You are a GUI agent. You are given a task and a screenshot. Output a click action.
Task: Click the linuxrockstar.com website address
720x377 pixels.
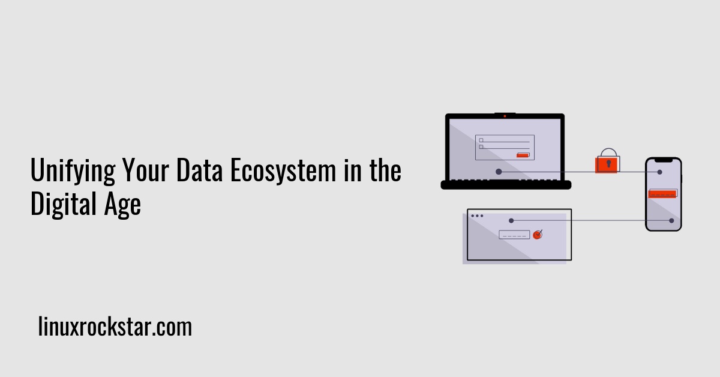(x=115, y=328)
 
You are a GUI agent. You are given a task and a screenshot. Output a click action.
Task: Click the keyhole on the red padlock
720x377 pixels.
(x=607, y=164)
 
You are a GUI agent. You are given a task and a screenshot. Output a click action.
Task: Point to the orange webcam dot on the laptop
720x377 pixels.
(x=505, y=116)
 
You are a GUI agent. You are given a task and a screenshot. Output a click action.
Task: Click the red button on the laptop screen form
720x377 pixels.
(x=523, y=155)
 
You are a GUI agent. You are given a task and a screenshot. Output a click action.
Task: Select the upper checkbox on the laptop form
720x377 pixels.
(x=481, y=140)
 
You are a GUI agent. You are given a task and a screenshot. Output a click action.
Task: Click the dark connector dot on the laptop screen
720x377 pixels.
(x=499, y=172)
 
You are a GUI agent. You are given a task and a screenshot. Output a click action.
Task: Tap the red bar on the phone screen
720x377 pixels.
(x=663, y=193)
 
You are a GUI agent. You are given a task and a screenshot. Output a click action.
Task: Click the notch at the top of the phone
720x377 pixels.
(x=663, y=160)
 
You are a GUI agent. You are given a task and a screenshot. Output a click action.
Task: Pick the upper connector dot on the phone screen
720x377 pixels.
(x=659, y=172)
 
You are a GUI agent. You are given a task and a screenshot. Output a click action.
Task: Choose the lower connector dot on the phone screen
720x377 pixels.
(x=671, y=221)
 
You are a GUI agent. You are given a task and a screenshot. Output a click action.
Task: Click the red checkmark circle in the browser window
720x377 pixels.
(x=538, y=235)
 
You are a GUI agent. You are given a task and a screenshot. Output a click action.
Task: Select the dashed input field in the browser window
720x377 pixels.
(x=514, y=235)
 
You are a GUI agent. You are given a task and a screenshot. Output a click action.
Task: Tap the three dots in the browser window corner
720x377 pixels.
(x=477, y=216)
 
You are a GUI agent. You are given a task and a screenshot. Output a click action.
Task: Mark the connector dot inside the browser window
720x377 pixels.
(x=511, y=220)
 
